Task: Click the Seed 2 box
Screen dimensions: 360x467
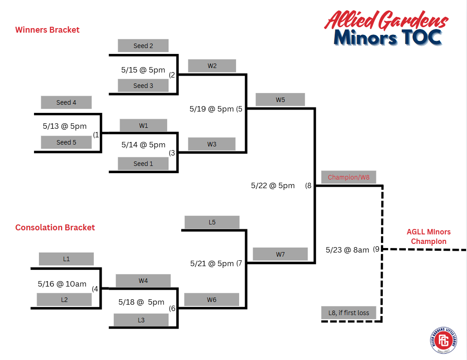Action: [x=143, y=46]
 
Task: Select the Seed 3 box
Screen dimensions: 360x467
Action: [x=143, y=86]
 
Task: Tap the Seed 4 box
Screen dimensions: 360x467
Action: [x=66, y=102]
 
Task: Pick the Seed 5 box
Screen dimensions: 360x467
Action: [x=66, y=142]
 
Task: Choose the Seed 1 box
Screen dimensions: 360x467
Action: [x=143, y=164]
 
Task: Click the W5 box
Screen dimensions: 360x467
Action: [x=280, y=100]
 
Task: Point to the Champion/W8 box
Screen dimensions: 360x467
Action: [x=348, y=177]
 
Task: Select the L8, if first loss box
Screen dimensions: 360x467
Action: [x=348, y=313]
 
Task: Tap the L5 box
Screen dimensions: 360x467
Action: [x=212, y=222]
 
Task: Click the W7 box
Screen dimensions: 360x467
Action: [x=280, y=254]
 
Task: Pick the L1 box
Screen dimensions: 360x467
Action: [x=66, y=259]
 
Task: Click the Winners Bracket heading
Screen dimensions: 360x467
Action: [x=48, y=30]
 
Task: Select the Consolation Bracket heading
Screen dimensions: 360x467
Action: [x=55, y=228]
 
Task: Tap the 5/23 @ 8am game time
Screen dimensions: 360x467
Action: [x=347, y=250]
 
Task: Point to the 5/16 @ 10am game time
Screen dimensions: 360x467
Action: [x=62, y=284]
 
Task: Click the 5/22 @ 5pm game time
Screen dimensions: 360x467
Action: [x=273, y=185]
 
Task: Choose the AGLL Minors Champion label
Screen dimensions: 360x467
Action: [x=428, y=237]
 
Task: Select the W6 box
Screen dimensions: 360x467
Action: [x=212, y=300]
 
